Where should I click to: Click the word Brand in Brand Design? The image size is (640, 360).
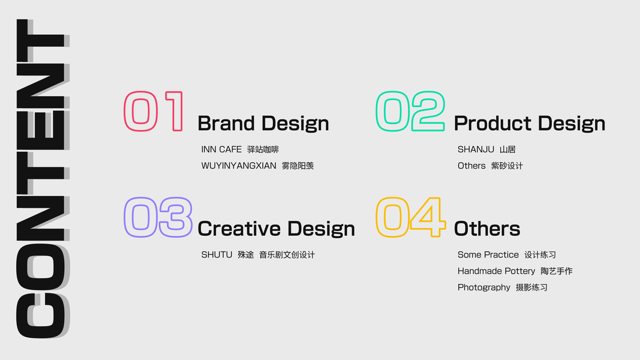click(226, 123)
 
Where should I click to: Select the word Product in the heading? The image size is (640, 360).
click(492, 123)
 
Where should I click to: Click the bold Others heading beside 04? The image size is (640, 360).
click(487, 229)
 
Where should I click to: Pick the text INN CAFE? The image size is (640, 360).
click(221, 149)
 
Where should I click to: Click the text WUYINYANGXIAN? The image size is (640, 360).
click(239, 166)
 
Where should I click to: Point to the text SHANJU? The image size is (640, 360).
click(476, 149)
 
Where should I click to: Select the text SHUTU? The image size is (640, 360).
click(217, 254)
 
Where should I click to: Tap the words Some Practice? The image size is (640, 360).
click(488, 254)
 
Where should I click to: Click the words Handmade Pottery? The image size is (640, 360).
click(496, 271)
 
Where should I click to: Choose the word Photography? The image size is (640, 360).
click(484, 288)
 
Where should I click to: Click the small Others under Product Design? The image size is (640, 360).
click(471, 166)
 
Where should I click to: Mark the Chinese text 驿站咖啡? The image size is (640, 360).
click(263, 149)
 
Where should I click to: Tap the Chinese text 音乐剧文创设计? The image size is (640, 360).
click(287, 254)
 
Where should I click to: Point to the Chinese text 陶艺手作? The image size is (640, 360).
click(557, 271)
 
